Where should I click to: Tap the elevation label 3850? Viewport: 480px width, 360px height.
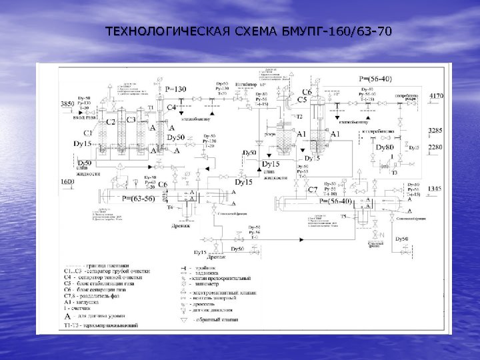pos(67,105)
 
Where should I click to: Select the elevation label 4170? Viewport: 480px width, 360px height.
pos(436,96)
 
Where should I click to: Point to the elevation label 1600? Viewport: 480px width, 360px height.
pos(67,181)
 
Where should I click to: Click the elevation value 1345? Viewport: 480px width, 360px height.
pos(435,189)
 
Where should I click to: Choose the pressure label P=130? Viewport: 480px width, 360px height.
pos(177,89)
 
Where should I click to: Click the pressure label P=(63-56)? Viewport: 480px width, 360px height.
pos(139,198)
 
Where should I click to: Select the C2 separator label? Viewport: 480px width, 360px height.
pos(111,122)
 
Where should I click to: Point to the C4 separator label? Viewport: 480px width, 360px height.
pos(171,107)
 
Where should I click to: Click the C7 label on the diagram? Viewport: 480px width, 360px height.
pos(312,189)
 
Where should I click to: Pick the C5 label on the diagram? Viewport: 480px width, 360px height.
pos(302,99)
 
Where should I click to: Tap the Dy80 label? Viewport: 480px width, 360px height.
pos(385,147)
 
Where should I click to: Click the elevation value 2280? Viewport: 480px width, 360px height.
pos(435,147)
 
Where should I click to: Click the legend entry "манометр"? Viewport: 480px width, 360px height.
pos(210,283)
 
